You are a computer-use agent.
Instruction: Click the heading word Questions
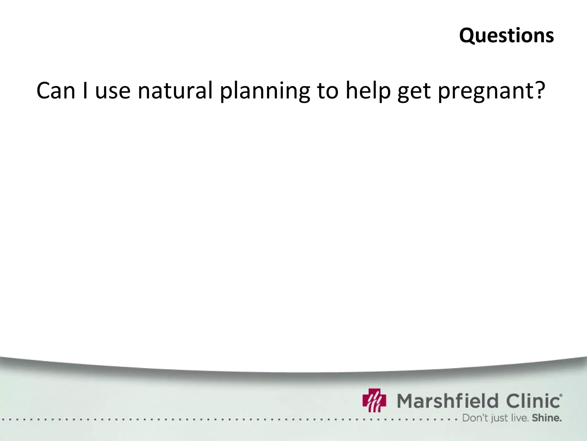coord(506,36)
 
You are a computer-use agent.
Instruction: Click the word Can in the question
coord(56,91)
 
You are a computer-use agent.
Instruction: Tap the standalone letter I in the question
coord(85,91)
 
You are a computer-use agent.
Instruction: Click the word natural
coord(175,91)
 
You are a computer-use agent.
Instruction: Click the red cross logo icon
coord(374,400)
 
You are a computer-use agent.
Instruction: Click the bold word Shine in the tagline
coord(546,418)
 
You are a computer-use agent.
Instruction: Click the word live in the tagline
coord(519,418)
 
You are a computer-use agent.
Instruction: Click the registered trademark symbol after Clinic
coord(561,395)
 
